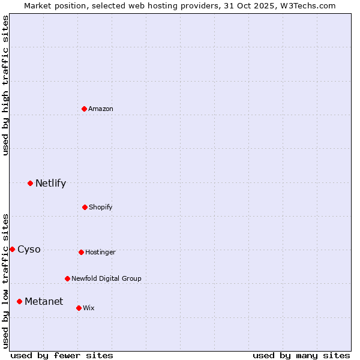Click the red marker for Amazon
(85, 109)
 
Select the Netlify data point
(31, 183)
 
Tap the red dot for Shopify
(85, 207)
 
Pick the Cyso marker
(12, 249)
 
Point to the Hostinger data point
(81, 252)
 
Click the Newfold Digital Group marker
(67, 278)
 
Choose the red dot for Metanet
(19, 301)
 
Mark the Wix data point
(79, 308)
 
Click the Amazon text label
(101, 109)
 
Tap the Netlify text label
(50, 184)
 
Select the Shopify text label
(101, 207)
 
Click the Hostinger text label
(100, 252)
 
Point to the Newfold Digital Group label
(106, 278)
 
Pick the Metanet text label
(44, 301)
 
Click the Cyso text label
(29, 250)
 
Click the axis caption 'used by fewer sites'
(62, 355)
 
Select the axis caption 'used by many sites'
(301, 355)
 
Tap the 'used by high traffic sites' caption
(5, 85)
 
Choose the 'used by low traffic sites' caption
(5, 280)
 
